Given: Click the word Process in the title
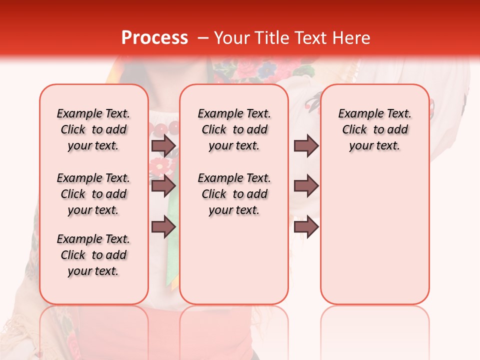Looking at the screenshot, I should pos(154,38).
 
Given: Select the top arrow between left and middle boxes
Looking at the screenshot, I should pos(163,145).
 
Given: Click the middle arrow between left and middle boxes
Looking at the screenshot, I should pos(163,186).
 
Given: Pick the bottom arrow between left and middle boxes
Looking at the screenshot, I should pos(163,227).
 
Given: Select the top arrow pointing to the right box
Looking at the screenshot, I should pos(306,145).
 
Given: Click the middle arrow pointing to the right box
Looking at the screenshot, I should pos(306,186).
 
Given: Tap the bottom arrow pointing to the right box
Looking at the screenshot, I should pos(306,227).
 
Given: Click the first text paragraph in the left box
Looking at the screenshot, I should pos(93,129).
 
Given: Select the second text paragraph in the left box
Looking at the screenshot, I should pos(93,194).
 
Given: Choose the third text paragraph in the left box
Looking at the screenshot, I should pos(93,255).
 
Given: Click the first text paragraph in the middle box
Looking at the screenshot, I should pos(234,129).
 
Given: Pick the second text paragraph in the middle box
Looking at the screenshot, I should pos(234,194).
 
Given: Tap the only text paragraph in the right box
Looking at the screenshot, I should pos(374,129).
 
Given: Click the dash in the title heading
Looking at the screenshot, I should pos(203,38).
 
